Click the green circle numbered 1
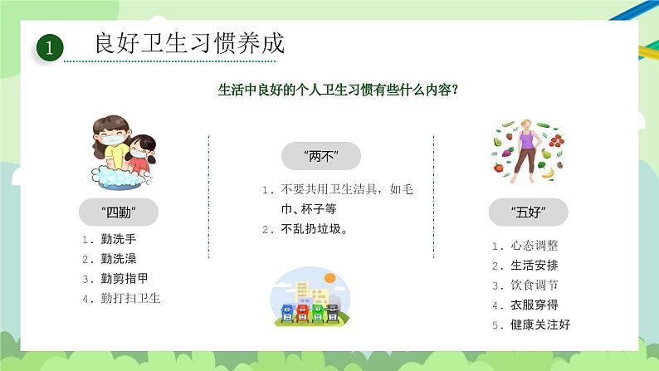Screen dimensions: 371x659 click(x=49, y=47)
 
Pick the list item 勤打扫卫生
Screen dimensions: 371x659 click(x=130, y=298)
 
